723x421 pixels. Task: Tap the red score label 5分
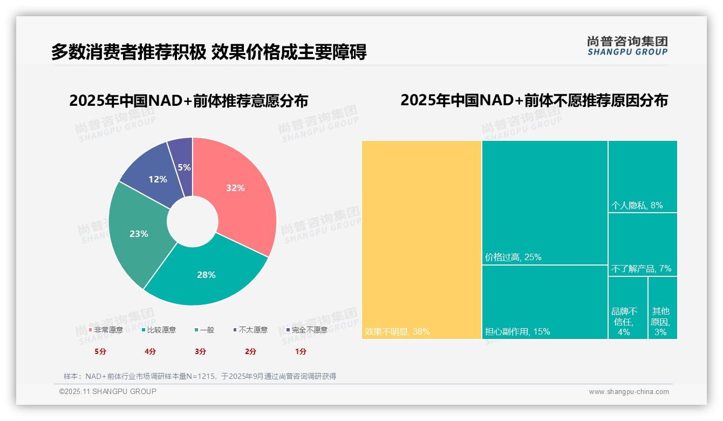101,351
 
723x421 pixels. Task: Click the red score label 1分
301,351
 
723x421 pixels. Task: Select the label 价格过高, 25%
513,257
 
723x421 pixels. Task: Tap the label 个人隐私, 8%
637,205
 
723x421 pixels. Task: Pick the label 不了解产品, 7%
641,268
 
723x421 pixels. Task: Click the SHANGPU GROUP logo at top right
627,46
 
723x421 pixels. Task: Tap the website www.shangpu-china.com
629,392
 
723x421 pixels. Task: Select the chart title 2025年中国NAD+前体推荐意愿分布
189,101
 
